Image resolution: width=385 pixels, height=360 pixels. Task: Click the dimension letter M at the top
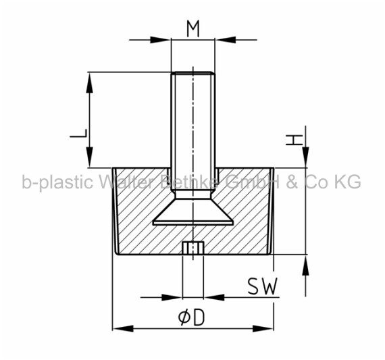pyautogui.click(x=193, y=29)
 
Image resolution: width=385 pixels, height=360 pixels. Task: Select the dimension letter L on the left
pyautogui.click(x=78, y=133)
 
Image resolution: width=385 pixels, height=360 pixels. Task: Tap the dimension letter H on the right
pyautogui.click(x=294, y=140)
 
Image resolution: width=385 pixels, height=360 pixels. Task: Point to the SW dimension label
pyautogui.click(x=262, y=286)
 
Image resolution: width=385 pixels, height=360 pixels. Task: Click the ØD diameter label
pyautogui.click(x=192, y=317)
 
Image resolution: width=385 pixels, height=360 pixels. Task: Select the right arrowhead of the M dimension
pyautogui.click(x=226, y=40)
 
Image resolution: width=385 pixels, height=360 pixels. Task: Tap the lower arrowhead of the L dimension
pyautogui.click(x=90, y=157)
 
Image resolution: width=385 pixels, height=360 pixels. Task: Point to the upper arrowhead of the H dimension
pyautogui.click(x=306, y=157)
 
